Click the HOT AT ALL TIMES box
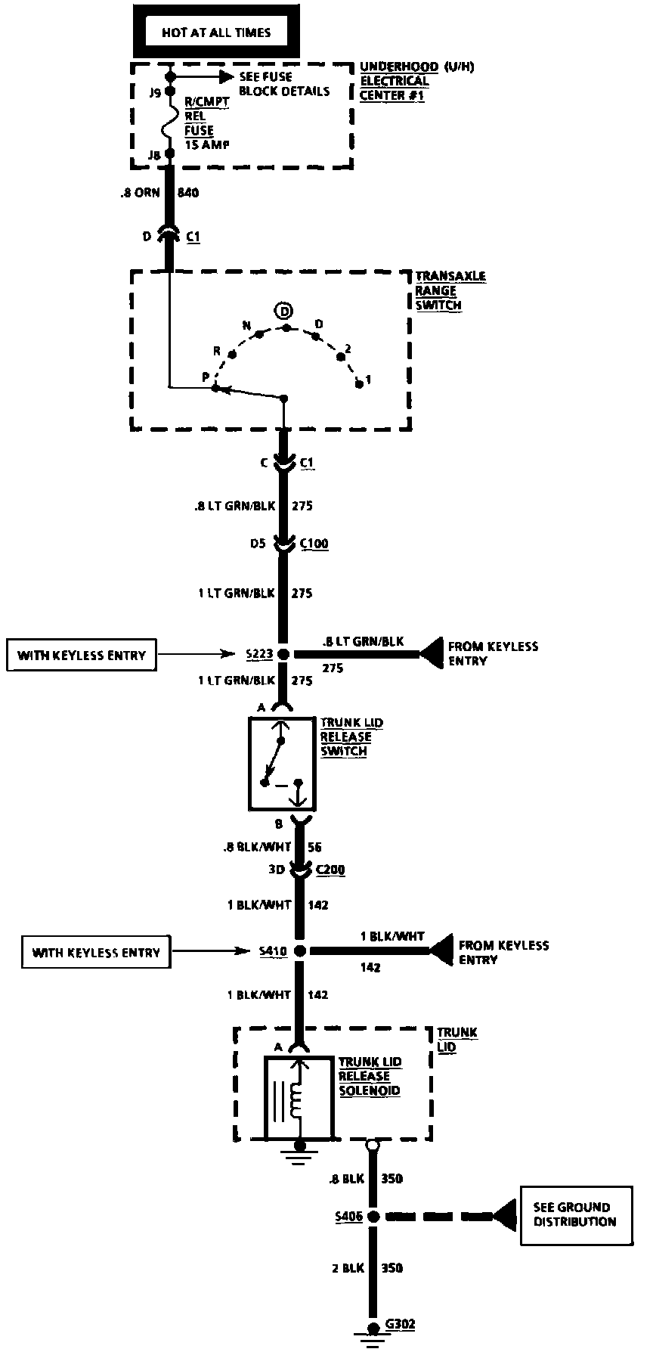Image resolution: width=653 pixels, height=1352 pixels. (x=215, y=33)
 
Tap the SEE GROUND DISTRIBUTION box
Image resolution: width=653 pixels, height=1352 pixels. (x=575, y=1214)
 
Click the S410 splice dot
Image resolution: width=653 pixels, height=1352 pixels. (x=299, y=951)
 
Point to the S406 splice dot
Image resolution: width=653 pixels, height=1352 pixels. (x=371, y=1217)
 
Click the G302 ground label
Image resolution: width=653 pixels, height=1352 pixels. (x=400, y=1323)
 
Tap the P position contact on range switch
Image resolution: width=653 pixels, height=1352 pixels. (x=215, y=388)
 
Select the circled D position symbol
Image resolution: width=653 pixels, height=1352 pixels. (x=283, y=311)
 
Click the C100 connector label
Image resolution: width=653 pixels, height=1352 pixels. (x=314, y=544)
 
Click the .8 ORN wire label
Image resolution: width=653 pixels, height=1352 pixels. (x=140, y=193)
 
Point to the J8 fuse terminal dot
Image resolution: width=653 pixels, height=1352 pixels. (x=170, y=153)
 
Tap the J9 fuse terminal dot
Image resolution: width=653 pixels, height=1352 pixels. (x=170, y=92)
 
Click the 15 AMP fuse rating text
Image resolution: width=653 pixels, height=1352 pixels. (x=207, y=144)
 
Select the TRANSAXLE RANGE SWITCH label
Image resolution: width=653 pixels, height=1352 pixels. (x=450, y=291)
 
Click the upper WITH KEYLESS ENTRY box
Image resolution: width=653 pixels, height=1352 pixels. (x=82, y=655)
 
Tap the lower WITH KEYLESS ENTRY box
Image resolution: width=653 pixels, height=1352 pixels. (x=97, y=952)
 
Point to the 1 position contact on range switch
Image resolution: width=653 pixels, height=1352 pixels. (x=361, y=384)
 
